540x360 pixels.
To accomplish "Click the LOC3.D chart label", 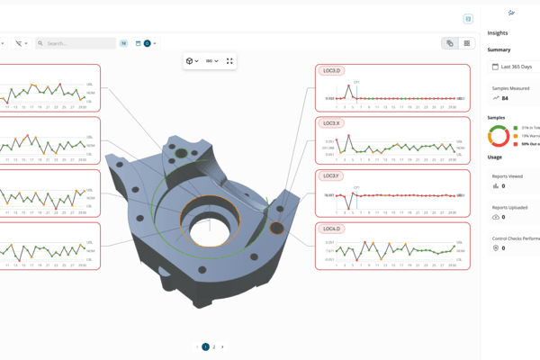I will tap(331, 70).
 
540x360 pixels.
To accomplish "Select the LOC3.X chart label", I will tap(331, 123).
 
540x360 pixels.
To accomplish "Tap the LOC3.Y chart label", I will tap(331, 175).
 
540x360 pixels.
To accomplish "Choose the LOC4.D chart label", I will tap(331, 229).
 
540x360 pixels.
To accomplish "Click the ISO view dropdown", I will tap(212, 61).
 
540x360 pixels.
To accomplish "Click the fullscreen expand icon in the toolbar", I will tap(229, 61).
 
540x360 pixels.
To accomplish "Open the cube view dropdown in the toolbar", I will tap(192, 61).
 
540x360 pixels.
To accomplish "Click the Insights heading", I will tap(498, 33).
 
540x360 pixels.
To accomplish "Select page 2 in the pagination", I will tap(214, 346).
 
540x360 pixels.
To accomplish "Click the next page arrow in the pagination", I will tap(222, 346).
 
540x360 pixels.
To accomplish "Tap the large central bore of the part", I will tap(209, 220).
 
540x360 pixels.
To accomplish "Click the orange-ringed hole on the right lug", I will tap(277, 229).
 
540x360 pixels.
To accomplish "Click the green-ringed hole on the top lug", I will tap(181, 154).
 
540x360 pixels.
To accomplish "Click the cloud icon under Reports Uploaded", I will tap(496, 218).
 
